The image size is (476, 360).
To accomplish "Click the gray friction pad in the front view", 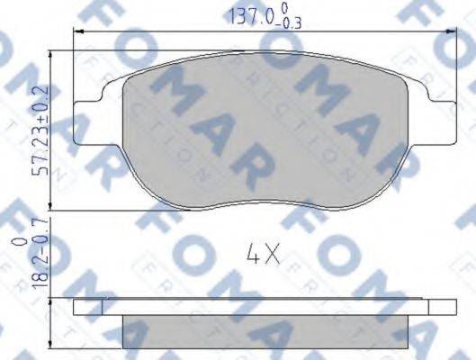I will tap(261, 135).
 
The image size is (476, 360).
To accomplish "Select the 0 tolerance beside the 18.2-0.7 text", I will tap(16, 242).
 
